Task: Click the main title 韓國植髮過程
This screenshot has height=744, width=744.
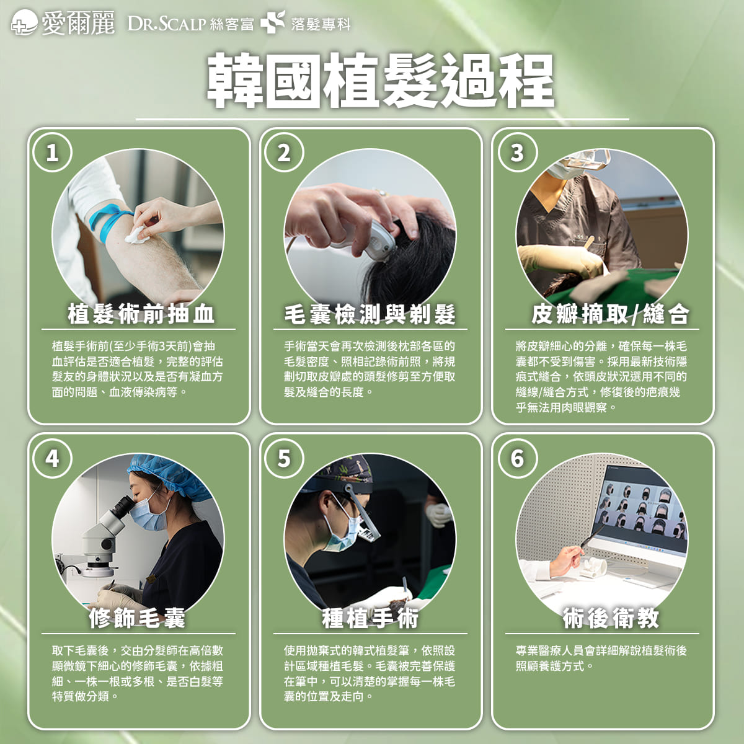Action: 380,81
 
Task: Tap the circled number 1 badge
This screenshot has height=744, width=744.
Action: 53,153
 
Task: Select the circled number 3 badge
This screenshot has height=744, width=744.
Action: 517,153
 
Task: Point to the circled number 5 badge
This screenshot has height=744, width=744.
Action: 284,458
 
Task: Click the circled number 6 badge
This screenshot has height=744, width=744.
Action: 517,458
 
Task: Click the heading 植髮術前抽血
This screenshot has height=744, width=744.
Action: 141,313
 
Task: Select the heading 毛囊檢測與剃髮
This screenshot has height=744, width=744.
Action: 370,313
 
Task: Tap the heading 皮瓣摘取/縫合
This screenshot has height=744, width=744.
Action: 610,313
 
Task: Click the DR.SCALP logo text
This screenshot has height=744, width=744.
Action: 166,24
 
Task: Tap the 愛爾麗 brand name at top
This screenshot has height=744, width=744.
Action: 78,23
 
